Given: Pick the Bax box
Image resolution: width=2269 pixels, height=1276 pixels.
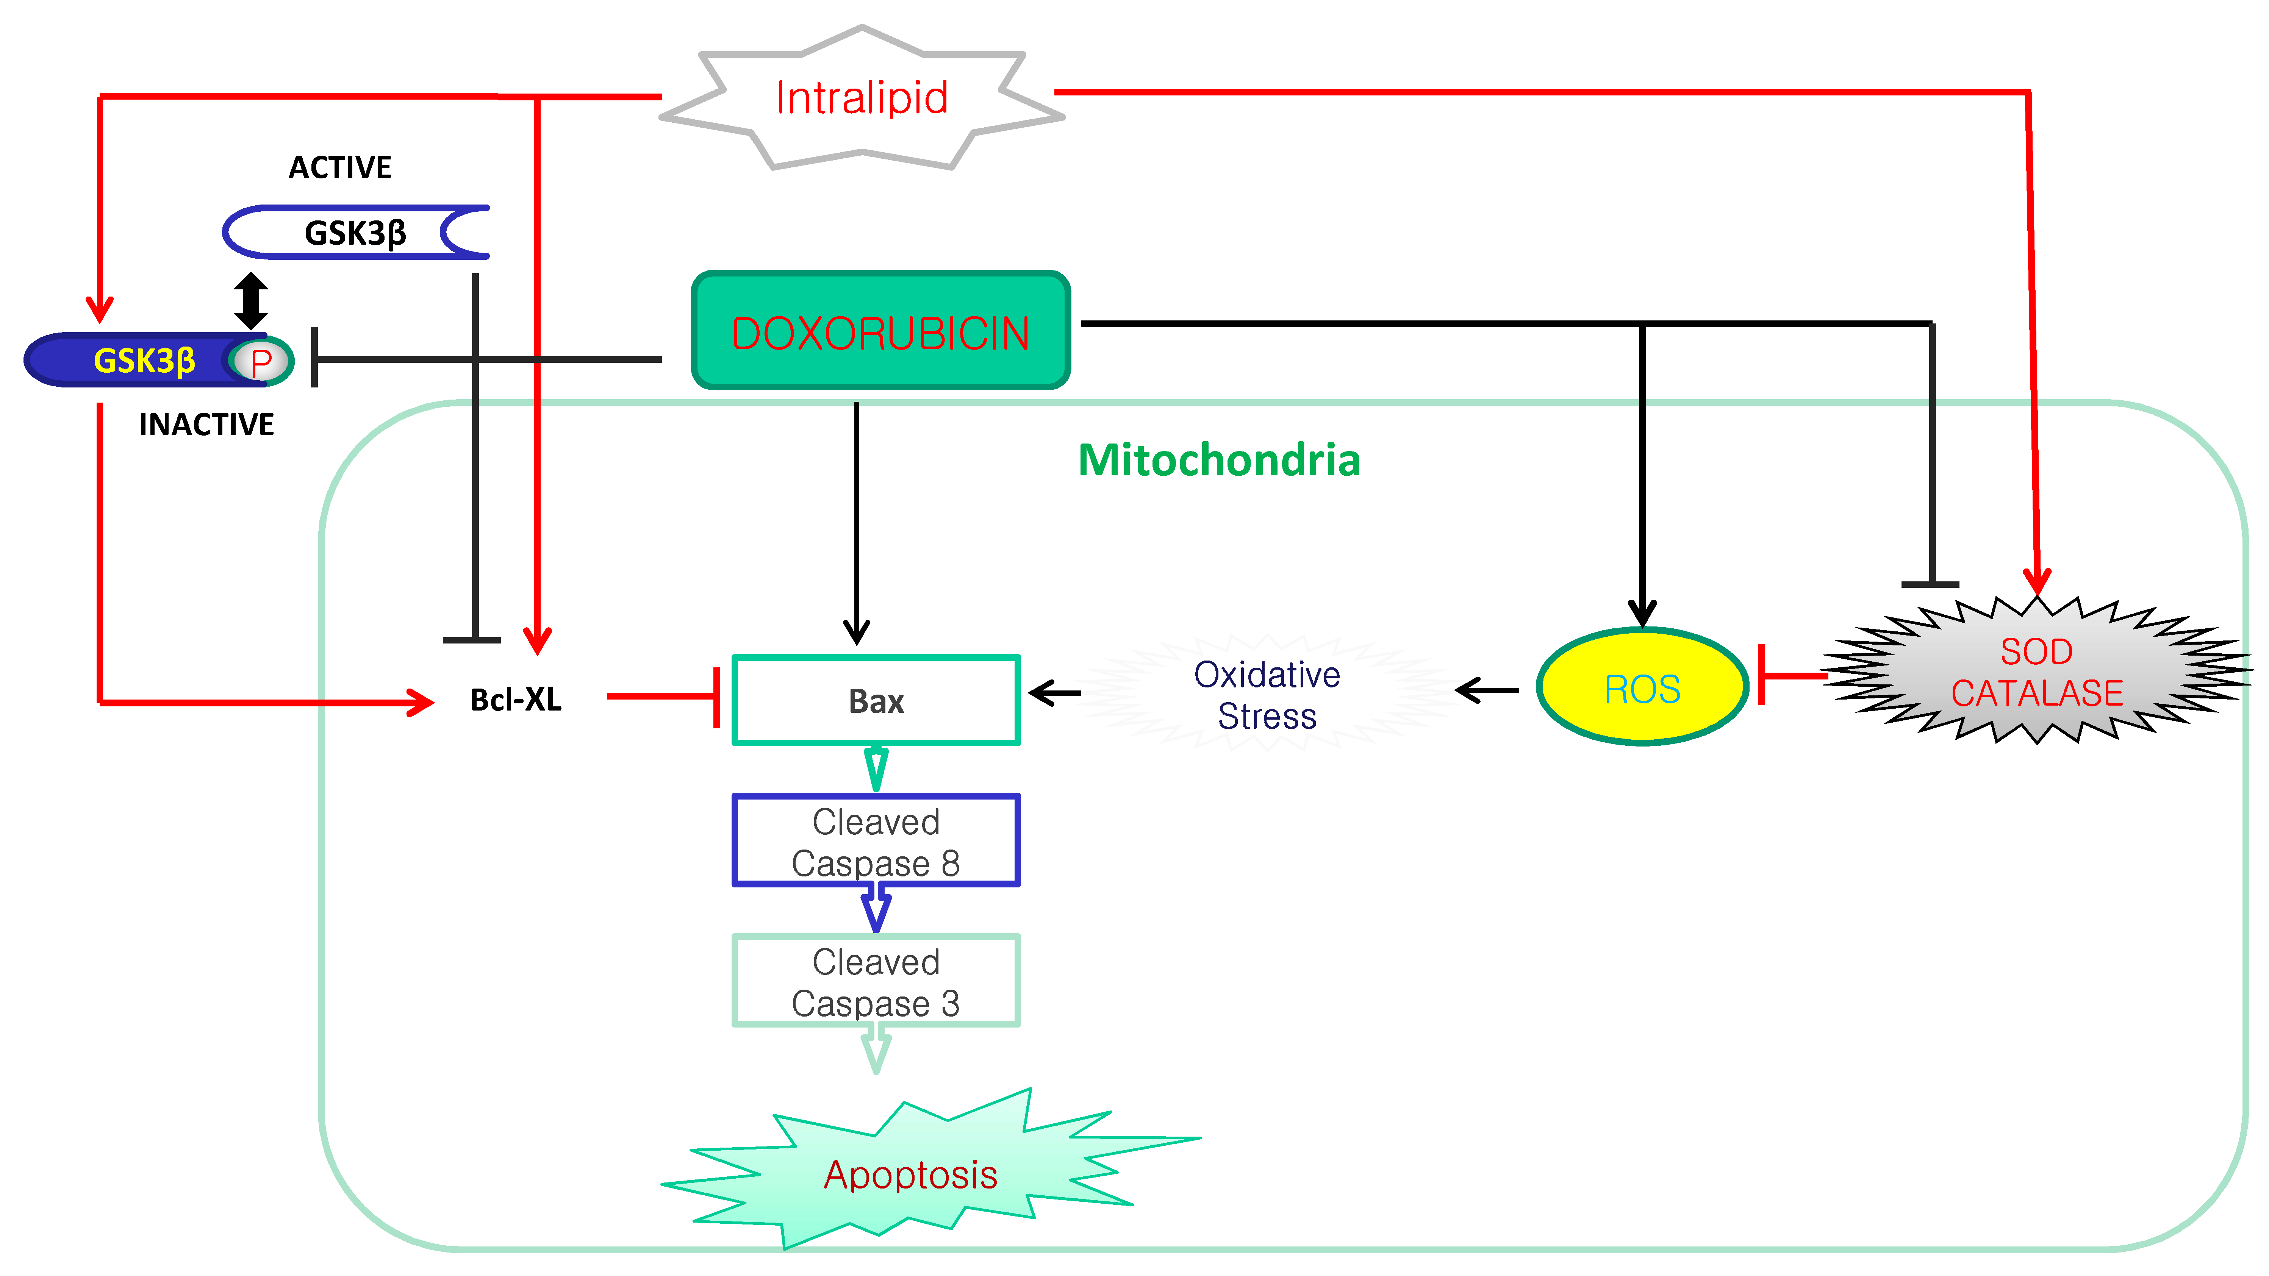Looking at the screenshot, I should [876, 701].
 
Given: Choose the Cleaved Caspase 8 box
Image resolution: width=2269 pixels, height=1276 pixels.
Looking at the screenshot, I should [876, 841].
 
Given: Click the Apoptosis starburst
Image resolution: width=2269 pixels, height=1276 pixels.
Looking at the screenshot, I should [910, 1174].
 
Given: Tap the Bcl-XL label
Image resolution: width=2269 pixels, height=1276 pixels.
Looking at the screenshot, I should [515, 699].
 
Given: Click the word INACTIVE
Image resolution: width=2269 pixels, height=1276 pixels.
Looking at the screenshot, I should [206, 425].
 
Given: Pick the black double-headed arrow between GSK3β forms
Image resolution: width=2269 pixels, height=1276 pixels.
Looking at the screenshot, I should [251, 300].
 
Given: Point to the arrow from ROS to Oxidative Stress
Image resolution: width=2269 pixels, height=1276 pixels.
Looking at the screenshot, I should [1487, 690].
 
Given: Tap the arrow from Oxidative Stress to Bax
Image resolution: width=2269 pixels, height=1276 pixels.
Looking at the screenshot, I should [1055, 693].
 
